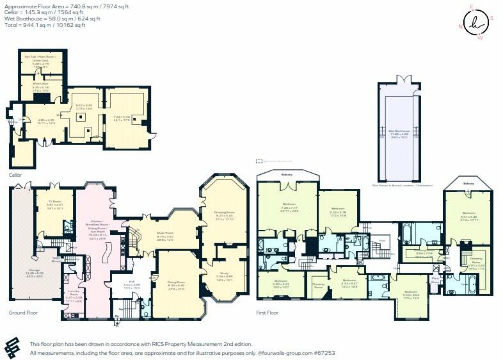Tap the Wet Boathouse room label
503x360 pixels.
coord(399,133)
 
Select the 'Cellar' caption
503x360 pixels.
coord(15,174)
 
